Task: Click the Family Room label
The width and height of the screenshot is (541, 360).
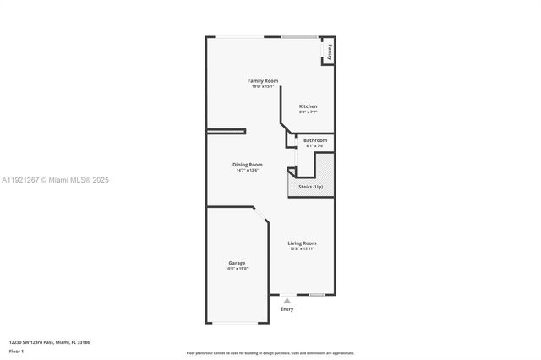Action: pos(263,80)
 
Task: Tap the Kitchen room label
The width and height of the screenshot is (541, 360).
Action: pos(308,106)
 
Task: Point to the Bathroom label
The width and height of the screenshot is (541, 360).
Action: pos(315,140)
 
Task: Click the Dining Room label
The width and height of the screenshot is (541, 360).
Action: pos(248,164)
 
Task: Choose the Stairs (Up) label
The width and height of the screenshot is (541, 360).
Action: pos(310,186)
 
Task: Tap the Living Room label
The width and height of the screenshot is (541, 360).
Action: pos(302,243)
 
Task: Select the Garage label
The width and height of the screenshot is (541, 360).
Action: pos(237,263)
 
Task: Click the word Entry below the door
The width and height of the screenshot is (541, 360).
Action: pos(287,309)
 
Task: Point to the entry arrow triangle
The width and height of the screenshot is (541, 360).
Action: pos(287,300)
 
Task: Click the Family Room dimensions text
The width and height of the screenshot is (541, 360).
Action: pos(263,86)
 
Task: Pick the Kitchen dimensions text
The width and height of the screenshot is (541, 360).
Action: pos(308,112)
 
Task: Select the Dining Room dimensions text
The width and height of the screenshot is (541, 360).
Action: pos(247,170)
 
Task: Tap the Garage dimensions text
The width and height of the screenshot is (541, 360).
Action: pos(237,269)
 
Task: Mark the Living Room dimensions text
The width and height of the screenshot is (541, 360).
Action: pos(302,249)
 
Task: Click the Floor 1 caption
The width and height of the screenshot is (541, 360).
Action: pos(17,350)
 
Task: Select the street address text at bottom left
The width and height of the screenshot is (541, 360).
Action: pos(49,341)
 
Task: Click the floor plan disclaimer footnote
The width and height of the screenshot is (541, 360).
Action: pos(270,353)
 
